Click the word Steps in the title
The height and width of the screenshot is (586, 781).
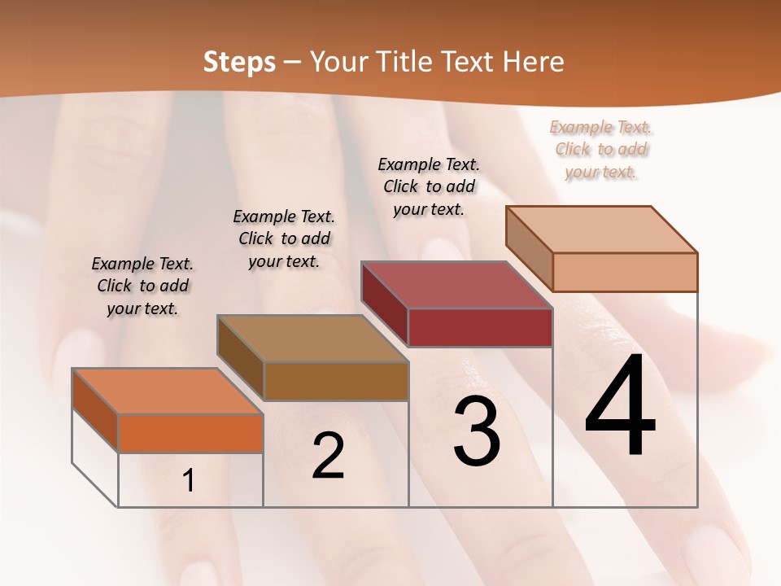tap(238, 62)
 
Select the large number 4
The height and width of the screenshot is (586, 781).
tap(620, 407)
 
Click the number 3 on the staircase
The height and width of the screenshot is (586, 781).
tap(477, 431)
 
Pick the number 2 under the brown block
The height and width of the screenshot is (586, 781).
tap(328, 456)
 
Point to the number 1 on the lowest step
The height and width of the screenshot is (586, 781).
tap(189, 481)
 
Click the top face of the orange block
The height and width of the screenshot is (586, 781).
tap(167, 391)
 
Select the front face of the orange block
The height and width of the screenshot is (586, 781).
tap(190, 433)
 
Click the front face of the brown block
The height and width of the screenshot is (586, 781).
tap(335, 381)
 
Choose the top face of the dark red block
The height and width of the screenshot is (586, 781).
tap(456, 285)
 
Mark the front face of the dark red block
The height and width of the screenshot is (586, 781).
tap(480, 327)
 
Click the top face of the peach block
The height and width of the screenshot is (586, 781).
tap(601, 230)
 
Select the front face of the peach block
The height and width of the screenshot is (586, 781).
tap(625, 272)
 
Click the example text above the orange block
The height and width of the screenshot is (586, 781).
tap(142, 286)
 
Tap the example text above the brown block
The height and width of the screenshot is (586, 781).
tap(284, 238)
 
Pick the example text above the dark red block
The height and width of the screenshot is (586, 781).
tap(429, 186)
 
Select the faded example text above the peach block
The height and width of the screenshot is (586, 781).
tap(601, 149)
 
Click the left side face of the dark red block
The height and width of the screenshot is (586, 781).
tap(384, 304)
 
